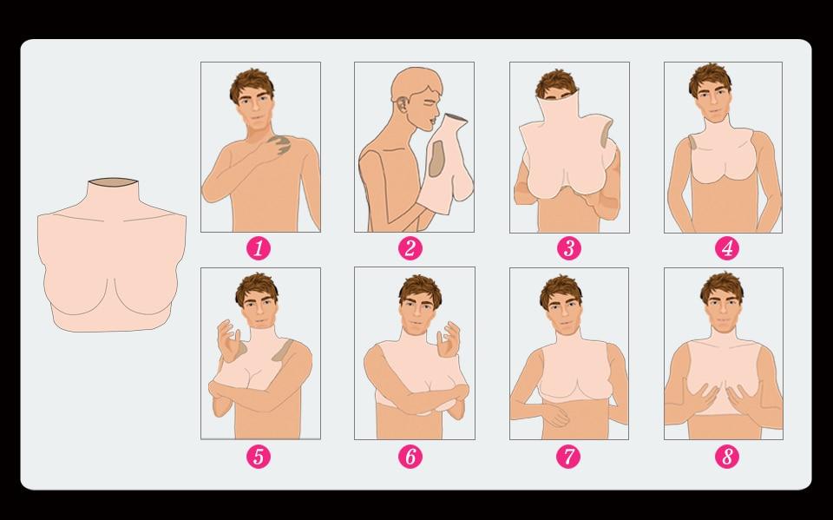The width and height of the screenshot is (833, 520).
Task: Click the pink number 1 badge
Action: tap(259, 248)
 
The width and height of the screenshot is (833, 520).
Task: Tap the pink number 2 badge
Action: tap(410, 248)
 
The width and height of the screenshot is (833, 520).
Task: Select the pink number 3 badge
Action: tap(569, 248)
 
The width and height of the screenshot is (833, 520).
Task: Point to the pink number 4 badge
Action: tap(727, 248)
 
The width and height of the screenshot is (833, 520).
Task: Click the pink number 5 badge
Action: tap(259, 457)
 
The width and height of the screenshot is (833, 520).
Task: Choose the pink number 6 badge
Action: tap(410, 457)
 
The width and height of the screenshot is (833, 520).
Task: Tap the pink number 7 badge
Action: tap(568, 457)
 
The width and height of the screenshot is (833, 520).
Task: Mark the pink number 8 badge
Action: tap(727, 457)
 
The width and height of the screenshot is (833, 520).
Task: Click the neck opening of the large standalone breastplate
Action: tap(113, 182)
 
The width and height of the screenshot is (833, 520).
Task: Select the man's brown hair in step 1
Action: tap(252, 83)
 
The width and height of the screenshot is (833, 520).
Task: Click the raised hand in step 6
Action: tap(449, 339)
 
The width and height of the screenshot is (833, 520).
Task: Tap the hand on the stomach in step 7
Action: tap(555, 415)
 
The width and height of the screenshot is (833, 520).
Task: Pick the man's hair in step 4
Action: tap(711, 79)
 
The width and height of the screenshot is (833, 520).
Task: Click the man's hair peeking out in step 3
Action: tap(555, 83)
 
